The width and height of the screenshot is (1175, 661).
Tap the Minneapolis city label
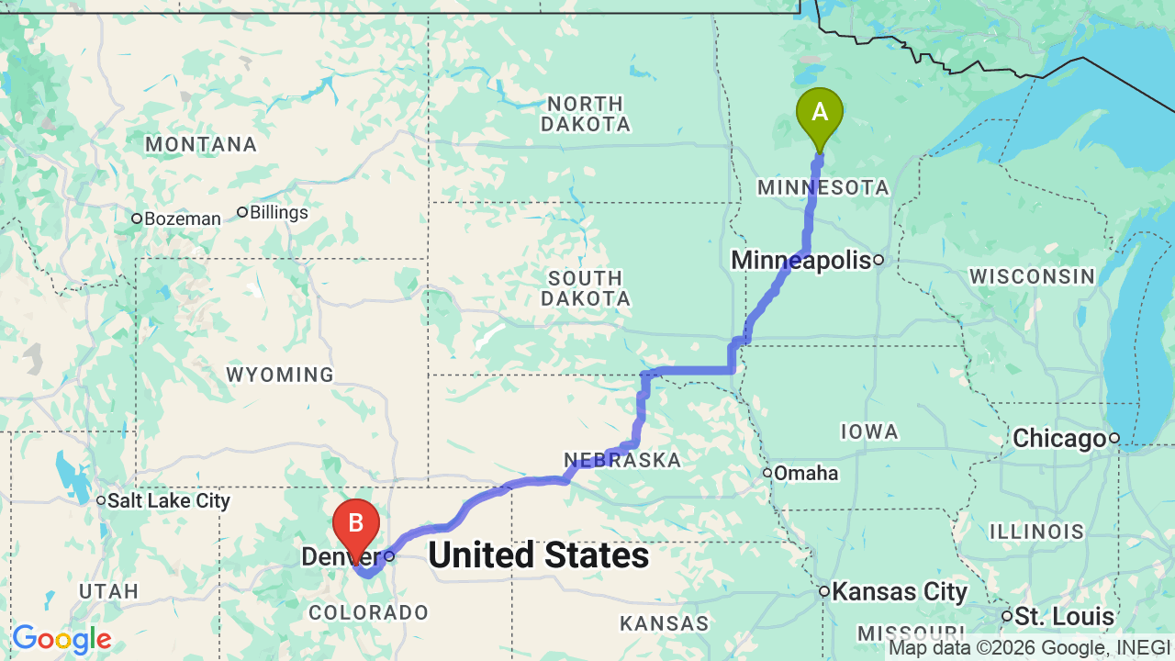(800, 261)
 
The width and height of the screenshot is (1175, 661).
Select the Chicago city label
(1058, 439)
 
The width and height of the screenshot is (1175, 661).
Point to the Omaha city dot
(767, 473)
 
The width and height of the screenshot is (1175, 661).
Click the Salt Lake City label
(168, 501)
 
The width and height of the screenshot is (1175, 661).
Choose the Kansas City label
(899, 592)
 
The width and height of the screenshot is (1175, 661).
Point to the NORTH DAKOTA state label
(585, 114)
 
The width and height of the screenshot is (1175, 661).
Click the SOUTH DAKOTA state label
(585, 288)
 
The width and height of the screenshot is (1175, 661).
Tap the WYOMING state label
(280, 375)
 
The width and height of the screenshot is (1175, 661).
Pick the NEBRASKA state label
(622, 460)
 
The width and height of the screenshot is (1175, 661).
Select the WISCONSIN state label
(1032, 276)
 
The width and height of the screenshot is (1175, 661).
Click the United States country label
(538, 555)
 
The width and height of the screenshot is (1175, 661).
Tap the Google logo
(62, 639)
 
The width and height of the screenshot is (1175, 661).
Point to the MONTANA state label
(201, 144)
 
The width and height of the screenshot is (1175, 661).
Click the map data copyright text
(1030, 649)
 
